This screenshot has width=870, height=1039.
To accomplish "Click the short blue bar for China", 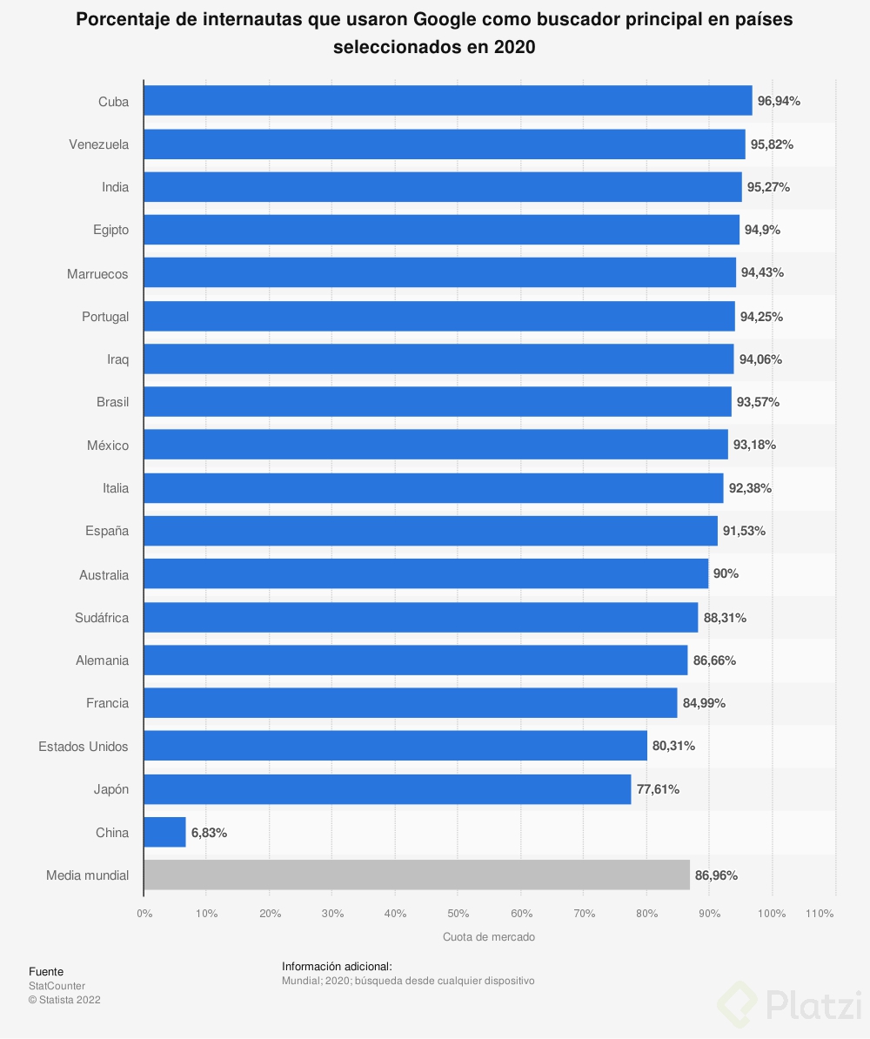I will (x=164, y=832).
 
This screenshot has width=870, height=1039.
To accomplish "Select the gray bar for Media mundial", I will (x=416, y=875).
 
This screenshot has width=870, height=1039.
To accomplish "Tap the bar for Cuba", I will (x=447, y=101).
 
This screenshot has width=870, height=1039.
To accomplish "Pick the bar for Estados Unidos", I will (x=395, y=746).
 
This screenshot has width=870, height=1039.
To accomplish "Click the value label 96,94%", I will (x=779, y=101).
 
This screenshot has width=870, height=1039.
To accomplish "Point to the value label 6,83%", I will (x=209, y=833).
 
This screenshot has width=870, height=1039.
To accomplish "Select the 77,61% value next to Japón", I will (x=658, y=789).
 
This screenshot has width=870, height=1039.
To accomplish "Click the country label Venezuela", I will (x=98, y=144).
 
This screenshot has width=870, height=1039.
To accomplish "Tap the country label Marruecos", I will (x=97, y=274).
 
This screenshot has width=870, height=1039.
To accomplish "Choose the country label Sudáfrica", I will (x=102, y=618).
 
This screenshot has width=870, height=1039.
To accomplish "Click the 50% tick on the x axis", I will (x=458, y=914).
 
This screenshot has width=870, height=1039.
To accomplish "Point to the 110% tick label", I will (x=820, y=914).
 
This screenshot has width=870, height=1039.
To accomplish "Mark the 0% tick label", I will (x=144, y=914).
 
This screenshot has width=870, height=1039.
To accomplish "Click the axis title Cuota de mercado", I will (x=489, y=937).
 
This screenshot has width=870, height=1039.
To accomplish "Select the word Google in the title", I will (x=457, y=19).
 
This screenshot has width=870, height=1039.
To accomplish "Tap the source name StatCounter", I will (x=57, y=986).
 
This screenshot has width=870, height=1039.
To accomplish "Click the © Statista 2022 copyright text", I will (x=64, y=1000).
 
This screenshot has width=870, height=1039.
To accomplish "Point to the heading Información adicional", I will (x=337, y=966).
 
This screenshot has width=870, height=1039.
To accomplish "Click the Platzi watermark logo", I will (x=788, y=1004).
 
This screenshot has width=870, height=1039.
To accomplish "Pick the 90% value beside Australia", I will (x=726, y=574).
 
